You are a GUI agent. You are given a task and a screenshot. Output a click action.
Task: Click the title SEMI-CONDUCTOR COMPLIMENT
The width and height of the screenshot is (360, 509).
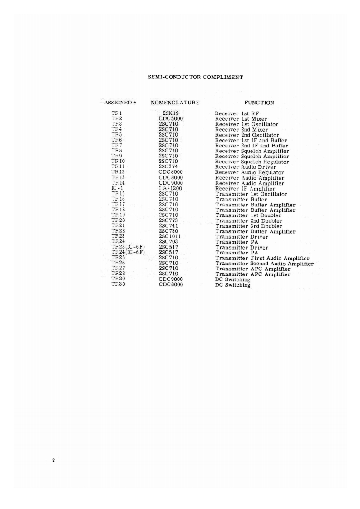pos(195,77)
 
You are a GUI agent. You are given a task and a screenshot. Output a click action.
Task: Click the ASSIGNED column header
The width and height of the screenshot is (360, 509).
pos(118,103)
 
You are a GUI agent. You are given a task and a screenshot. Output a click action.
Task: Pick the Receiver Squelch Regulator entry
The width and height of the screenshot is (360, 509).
pos(252,162)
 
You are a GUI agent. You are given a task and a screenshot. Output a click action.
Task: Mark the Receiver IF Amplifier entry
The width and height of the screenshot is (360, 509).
pos(245,189)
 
